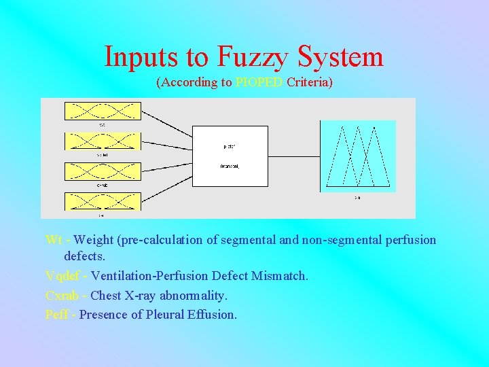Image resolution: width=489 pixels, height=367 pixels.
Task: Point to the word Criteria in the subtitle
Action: coord(310,83)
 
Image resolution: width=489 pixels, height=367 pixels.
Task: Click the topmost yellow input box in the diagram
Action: coord(103,111)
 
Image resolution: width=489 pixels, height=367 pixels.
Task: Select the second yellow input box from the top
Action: coord(103,141)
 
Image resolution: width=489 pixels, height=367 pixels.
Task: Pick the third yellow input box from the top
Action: coord(103,171)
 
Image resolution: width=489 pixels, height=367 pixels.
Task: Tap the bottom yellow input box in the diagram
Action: coord(103,201)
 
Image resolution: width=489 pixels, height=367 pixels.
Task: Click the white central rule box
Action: coord(230,156)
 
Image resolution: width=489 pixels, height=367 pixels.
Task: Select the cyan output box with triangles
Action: coord(358,156)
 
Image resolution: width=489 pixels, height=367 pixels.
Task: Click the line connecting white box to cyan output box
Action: coord(293,156)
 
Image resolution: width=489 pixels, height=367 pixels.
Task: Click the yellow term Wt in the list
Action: coord(54,240)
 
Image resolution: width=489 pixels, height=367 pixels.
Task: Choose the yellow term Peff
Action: coord(56,315)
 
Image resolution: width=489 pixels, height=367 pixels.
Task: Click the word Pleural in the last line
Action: coord(165,315)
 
